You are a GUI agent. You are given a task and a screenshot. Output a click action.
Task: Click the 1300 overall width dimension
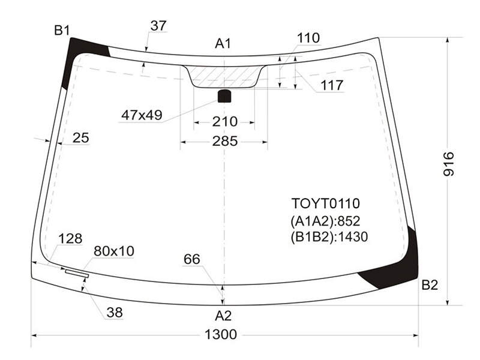pyautogui.click(x=220, y=335)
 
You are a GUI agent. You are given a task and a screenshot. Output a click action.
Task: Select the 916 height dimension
pyautogui.click(x=448, y=164)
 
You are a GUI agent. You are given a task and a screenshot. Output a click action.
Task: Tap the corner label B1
pyautogui.click(x=62, y=31)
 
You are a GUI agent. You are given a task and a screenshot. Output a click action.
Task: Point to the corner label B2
pyautogui.click(x=430, y=285)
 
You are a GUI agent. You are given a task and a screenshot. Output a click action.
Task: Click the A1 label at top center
pyautogui.click(x=223, y=43)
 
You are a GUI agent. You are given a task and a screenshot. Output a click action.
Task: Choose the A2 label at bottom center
pyautogui.click(x=223, y=316)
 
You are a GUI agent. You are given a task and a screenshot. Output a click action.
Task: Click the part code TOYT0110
pyautogui.click(x=325, y=203)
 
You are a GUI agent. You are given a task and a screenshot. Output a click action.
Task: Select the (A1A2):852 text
pyautogui.click(x=325, y=221)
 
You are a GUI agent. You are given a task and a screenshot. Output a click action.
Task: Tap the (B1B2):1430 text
pyautogui.click(x=329, y=236)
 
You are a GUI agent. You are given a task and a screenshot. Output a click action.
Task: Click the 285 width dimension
pyautogui.click(x=225, y=141)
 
